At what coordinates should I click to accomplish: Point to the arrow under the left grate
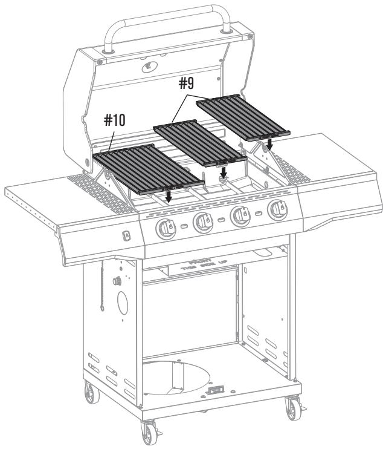169,197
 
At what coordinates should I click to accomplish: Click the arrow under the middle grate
224,173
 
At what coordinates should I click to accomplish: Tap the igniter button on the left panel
126,235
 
